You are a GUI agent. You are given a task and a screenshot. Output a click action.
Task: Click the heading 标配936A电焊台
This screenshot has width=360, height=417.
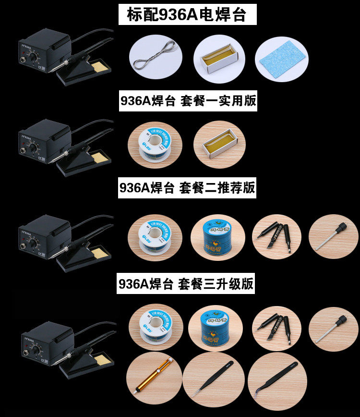187,15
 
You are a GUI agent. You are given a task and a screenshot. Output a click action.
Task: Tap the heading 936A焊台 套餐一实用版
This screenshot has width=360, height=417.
188,101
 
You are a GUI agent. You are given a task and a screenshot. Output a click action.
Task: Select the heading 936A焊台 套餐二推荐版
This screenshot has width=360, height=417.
187,187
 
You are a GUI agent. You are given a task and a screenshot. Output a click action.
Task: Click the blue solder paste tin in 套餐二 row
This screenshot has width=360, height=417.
218,237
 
